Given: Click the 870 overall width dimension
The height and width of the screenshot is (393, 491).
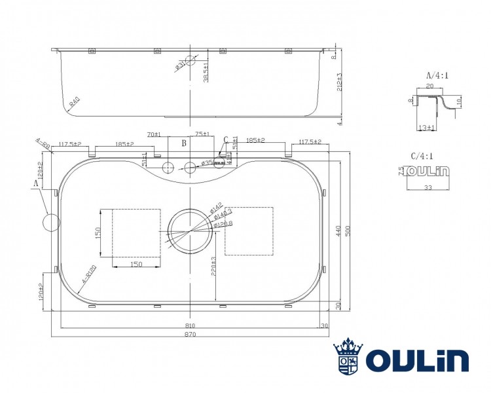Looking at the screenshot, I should pyautogui.click(x=190, y=334).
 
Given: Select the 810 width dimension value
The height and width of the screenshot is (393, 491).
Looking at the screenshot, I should pyautogui.click(x=190, y=325).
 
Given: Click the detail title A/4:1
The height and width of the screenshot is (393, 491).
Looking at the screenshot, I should pyautogui.click(x=437, y=75).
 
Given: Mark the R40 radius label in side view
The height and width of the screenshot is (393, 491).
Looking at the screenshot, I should pyautogui.click(x=74, y=102).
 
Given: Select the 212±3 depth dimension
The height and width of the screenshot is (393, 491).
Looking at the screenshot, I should pyautogui.click(x=338, y=84).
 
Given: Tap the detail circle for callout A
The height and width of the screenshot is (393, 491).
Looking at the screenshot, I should pyautogui.click(x=51, y=221).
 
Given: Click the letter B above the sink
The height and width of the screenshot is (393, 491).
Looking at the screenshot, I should pyautogui.click(x=184, y=142).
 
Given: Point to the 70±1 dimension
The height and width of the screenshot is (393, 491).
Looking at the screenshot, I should pyautogui.click(x=155, y=134).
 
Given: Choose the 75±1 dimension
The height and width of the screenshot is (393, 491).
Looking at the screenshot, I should pyautogui.click(x=202, y=134).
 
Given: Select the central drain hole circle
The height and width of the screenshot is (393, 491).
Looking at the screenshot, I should pyautogui.click(x=190, y=230).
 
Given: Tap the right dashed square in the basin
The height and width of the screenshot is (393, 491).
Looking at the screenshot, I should pyautogui.click(x=249, y=231).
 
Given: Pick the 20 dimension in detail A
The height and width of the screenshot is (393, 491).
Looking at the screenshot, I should pyautogui.click(x=429, y=86).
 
